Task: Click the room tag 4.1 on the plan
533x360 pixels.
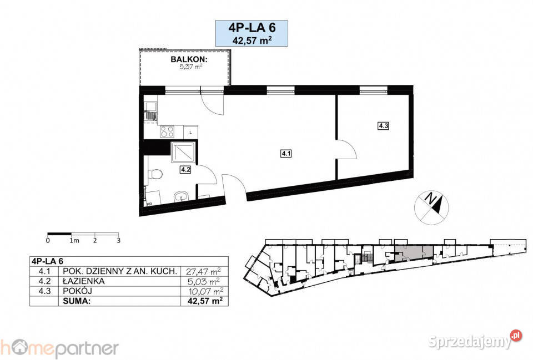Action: coord(286,154)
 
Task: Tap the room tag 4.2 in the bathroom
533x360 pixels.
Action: coord(185,170)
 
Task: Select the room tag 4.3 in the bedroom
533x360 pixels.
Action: coord(383,126)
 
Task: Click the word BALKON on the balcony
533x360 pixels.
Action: coord(189,59)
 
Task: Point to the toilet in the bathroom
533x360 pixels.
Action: coord(155,175)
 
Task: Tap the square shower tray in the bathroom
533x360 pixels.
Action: coord(183,152)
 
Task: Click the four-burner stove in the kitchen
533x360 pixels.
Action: coord(167,132)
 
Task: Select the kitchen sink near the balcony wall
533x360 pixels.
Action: coord(150,111)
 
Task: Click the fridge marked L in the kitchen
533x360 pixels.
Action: coord(190,132)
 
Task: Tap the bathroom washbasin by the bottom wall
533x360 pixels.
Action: coord(182,196)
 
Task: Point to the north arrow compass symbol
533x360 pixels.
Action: coord(431,207)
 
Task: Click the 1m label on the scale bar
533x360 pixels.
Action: coord(74,240)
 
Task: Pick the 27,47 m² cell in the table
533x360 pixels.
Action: coord(203,271)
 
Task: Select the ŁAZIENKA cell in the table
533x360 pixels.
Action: coord(84,281)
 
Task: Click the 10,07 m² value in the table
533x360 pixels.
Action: coord(206,291)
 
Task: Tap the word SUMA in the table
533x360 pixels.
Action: coord(77,301)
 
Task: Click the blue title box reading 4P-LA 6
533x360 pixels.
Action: coord(252,33)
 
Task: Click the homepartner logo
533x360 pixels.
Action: coord(59,349)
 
